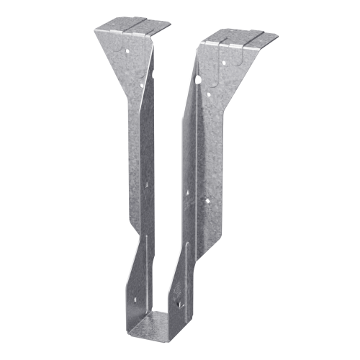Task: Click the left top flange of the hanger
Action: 132,27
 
